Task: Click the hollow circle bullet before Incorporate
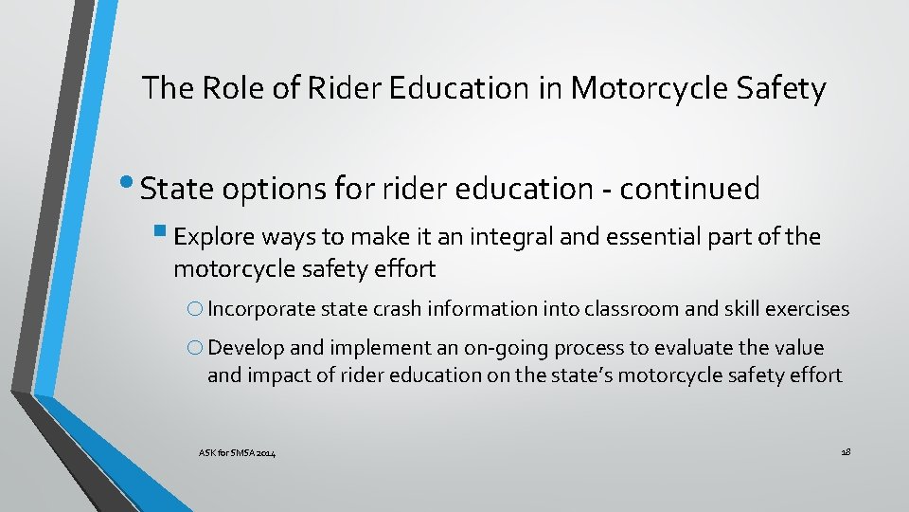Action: point(195,309)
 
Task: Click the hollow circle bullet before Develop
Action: point(195,349)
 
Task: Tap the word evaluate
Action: point(675,348)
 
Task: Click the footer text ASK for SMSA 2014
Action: point(237,455)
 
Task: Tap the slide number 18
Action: point(846,453)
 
